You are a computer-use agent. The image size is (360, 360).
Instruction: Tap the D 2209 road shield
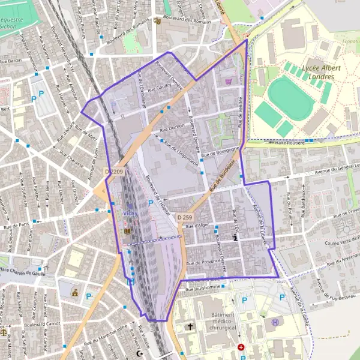pyautogui.click(x=115, y=172)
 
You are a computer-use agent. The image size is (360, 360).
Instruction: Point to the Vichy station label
pyautogui.click(x=130, y=213)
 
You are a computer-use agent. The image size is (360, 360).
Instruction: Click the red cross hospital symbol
pyautogui.click(x=241, y=347)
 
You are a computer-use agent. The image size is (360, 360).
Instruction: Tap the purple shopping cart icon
pyautogui.click(x=228, y=81)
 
